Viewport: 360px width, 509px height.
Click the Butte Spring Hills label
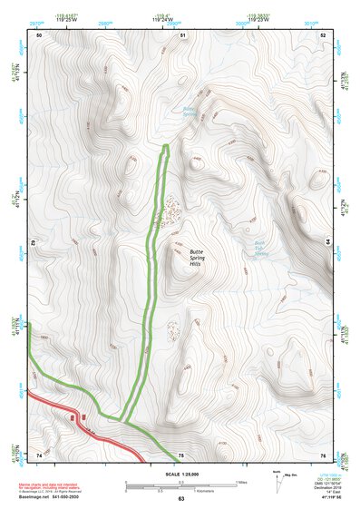(x=197, y=258)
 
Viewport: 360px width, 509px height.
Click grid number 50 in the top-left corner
(x=39, y=34)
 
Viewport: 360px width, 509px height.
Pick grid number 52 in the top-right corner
(x=323, y=34)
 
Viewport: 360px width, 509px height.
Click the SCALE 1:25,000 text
(x=181, y=475)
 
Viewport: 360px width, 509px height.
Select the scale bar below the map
(x=180, y=486)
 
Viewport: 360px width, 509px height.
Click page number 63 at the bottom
(x=180, y=499)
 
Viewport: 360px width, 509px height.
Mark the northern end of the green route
(x=166, y=147)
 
